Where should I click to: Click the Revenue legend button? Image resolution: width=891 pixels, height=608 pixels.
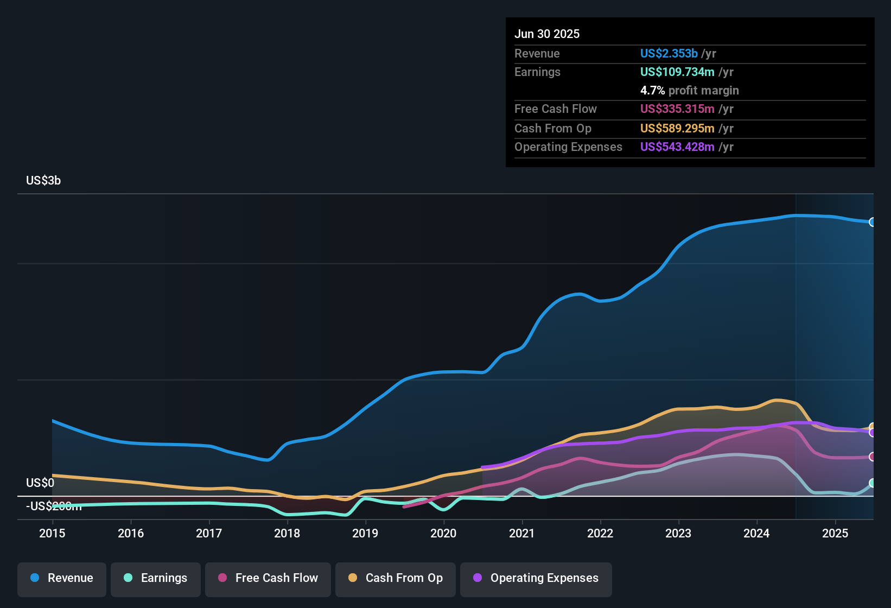click(62, 578)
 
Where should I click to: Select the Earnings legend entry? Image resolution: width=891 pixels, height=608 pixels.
click(156, 578)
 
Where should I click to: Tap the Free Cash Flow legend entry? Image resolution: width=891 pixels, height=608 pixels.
click(268, 578)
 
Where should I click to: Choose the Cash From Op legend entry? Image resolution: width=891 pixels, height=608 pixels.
click(396, 578)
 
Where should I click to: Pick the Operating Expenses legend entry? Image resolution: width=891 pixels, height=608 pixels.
click(536, 578)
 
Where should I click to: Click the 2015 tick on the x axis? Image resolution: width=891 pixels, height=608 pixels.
click(52, 533)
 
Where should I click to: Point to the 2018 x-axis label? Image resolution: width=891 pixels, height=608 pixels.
click(287, 533)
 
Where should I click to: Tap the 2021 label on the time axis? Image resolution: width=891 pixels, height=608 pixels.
click(522, 533)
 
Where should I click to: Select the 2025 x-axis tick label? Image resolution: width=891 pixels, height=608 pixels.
click(835, 533)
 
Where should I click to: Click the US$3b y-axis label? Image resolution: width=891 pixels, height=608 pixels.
click(43, 181)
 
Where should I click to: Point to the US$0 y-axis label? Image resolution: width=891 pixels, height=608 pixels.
click(40, 483)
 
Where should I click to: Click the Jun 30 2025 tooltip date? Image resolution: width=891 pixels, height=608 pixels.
click(547, 34)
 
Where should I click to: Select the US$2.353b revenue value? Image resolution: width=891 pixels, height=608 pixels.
click(669, 54)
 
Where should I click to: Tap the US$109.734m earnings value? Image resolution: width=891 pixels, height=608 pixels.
click(677, 72)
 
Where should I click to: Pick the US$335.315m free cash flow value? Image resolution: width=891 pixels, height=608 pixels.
click(677, 109)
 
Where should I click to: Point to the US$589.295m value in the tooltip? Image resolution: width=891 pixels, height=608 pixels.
click(677, 129)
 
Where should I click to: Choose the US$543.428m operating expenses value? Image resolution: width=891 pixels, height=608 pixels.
click(677, 147)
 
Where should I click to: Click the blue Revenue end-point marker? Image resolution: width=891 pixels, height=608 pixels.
click(872, 222)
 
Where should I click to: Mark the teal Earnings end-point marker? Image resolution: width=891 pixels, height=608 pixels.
click(872, 483)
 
